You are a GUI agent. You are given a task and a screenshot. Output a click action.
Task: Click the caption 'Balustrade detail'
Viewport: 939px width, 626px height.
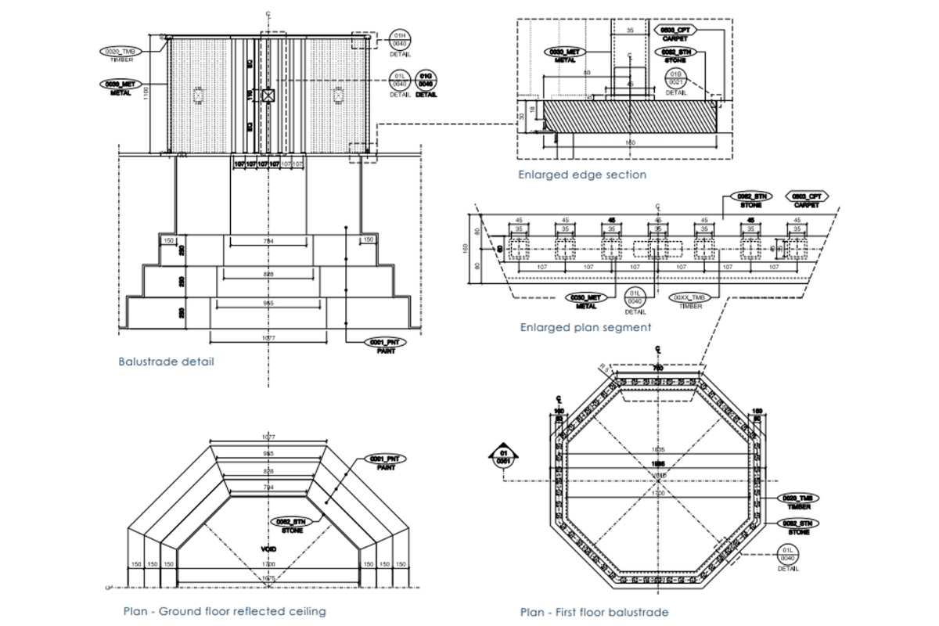(x=166, y=362)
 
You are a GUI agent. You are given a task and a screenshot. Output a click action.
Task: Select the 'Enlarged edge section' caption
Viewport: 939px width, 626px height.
(x=582, y=174)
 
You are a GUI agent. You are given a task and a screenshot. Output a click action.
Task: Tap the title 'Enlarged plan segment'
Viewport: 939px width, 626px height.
(x=585, y=327)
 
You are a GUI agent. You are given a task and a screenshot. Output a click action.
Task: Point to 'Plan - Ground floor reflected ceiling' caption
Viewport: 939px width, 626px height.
(x=225, y=611)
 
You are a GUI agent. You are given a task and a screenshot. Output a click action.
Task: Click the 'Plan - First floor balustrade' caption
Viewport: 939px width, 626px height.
(x=594, y=612)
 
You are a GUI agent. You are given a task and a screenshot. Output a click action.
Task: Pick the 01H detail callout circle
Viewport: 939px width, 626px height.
(x=400, y=41)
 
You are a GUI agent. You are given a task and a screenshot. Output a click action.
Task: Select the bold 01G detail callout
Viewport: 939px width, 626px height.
(x=426, y=79)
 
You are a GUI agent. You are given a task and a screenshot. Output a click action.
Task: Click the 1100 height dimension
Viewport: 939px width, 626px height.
(x=146, y=95)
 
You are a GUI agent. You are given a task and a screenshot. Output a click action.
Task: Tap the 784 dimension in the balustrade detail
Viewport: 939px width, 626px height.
(x=268, y=241)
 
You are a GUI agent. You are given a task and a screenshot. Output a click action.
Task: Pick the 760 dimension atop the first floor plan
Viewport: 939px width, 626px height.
(x=658, y=368)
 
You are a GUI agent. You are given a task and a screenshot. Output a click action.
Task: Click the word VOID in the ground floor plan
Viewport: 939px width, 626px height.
(x=268, y=549)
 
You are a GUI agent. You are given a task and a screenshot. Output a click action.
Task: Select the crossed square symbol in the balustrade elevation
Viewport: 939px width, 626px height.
(x=269, y=95)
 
